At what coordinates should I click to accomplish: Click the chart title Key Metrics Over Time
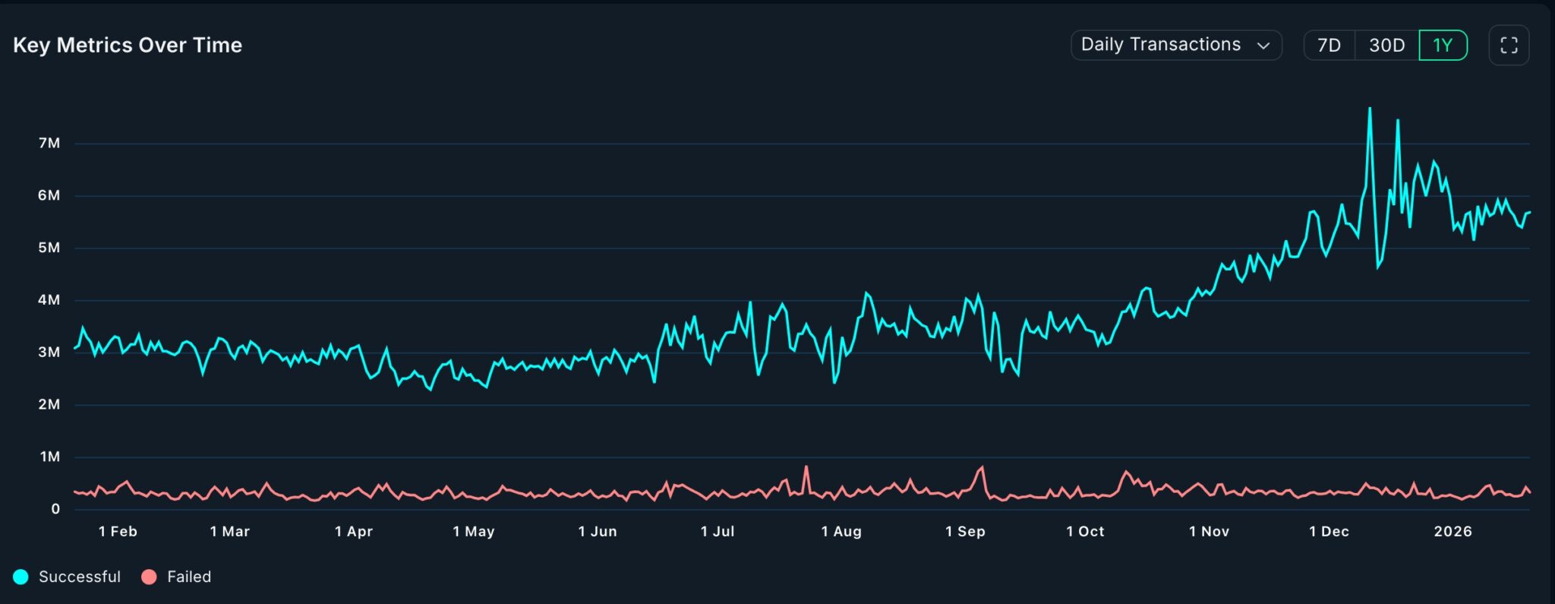[x=128, y=46]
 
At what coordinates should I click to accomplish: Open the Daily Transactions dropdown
[x=1175, y=45]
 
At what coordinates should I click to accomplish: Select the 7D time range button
[x=1329, y=46]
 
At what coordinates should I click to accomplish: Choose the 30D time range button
[x=1386, y=46]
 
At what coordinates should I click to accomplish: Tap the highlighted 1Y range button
[x=1443, y=46]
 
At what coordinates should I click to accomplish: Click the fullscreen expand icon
[x=1509, y=46]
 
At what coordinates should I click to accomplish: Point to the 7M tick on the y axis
[x=49, y=144]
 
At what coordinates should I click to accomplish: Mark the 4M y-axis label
[x=49, y=300]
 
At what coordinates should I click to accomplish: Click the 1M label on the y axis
[x=49, y=457]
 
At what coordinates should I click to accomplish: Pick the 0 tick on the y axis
[x=55, y=509]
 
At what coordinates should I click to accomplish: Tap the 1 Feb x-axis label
[x=118, y=532]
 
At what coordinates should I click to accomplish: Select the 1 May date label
[x=474, y=532]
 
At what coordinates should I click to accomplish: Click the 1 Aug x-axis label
[x=841, y=532]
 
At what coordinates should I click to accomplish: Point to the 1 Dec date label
[x=1329, y=532]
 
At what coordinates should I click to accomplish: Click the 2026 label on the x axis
[x=1452, y=532]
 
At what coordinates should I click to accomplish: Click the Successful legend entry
[x=79, y=577]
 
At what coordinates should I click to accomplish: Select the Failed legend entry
[x=189, y=577]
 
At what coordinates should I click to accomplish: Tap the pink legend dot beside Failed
[x=149, y=577]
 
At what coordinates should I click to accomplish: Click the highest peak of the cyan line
[x=1370, y=109]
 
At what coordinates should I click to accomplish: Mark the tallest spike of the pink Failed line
[x=806, y=466]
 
